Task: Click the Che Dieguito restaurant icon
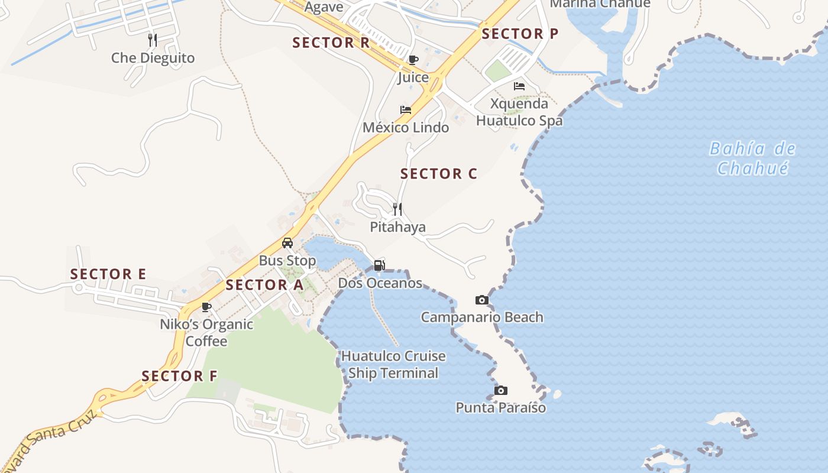pyautogui.click(x=153, y=40)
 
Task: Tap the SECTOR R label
pyautogui.click(x=331, y=43)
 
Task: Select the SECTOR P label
pyautogui.click(x=520, y=34)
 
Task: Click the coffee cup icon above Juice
pyautogui.click(x=413, y=60)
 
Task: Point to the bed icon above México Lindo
pyautogui.click(x=406, y=109)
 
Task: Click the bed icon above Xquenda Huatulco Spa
pyautogui.click(x=519, y=86)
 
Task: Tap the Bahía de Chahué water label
pyautogui.click(x=752, y=158)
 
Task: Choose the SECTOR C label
pyautogui.click(x=438, y=174)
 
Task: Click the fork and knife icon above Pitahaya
pyautogui.click(x=397, y=209)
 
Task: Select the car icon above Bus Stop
pyautogui.click(x=287, y=242)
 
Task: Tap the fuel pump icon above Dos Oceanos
pyautogui.click(x=380, y=265)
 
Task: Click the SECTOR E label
pyautogui.click(x=108, y=274)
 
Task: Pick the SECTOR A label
pyautogui.click(x=264, y=285)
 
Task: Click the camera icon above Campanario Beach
pyautogui.click(x=482, y=300)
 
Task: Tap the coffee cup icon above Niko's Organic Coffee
pyautogui.click(x=206, y=307)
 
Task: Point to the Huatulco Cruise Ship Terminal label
pyautogui.click(x=393, y=365)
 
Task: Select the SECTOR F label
pyautogui.click(x=179, y=376)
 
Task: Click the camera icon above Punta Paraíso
pyautogui.click(x=501, y=390)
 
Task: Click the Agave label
pyautogui.click(x=324, y=7)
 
